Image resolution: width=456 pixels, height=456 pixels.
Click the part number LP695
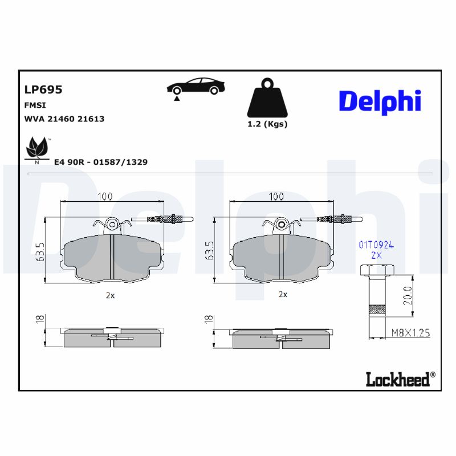(x=43, y=89)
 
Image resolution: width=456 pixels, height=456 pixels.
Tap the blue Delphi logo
(x=380, y=101)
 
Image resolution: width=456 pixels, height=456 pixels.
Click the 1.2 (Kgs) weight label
(x=267, y=124)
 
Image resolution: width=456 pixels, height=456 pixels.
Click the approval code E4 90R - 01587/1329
(x=100, y=162)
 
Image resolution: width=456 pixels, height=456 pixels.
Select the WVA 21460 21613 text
(x=64, y=119)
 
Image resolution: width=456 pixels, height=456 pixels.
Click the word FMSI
(x=35, y=105)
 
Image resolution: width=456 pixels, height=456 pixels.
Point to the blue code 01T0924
(x=376, y=245)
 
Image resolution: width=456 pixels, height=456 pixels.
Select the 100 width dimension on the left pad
(x=104, y=197)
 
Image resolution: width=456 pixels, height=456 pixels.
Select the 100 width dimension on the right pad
(x=276, y=197)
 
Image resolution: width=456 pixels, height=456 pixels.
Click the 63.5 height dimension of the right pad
(x=209, y=251)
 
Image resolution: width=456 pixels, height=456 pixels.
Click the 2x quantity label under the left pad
(x=110, y=295)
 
